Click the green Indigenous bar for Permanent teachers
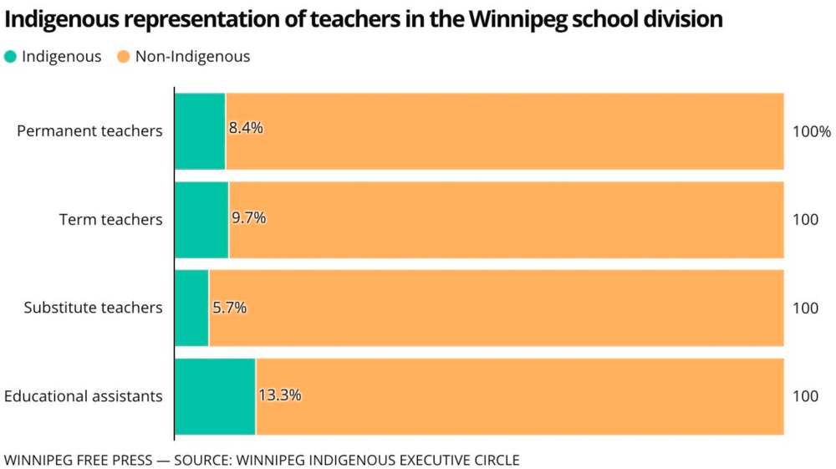200,131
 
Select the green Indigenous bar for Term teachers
201,220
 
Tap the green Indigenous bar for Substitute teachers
191,308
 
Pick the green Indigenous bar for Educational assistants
215,396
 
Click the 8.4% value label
246,128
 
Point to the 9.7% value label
249,218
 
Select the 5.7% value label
229,308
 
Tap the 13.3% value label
279,395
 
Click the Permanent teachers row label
89,131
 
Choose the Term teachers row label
110,220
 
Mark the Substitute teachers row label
93,308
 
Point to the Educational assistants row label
84,396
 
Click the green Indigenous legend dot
10,57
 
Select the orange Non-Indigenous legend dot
122,57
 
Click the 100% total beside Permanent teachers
812,131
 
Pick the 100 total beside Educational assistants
805,396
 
